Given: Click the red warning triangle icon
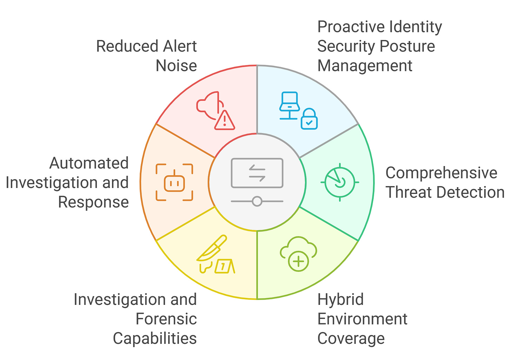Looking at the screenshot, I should point(225,120).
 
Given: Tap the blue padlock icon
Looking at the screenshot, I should point(309,119).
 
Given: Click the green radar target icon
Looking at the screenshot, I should point(339,182).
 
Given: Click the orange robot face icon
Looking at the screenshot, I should point(174,182).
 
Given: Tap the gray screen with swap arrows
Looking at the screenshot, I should point(257,173).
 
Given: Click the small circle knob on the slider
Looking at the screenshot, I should point(257,201).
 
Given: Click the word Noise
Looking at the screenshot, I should point(176,66).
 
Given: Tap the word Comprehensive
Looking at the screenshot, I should point(441,173).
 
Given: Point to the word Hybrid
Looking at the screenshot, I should point(340,300).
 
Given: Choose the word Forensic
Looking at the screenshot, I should point(166,319).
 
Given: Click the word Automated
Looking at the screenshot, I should point(89,163).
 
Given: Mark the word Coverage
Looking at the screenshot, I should point(351,339).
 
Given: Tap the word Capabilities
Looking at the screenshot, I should point(155,339).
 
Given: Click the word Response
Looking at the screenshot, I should point(93,202).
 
